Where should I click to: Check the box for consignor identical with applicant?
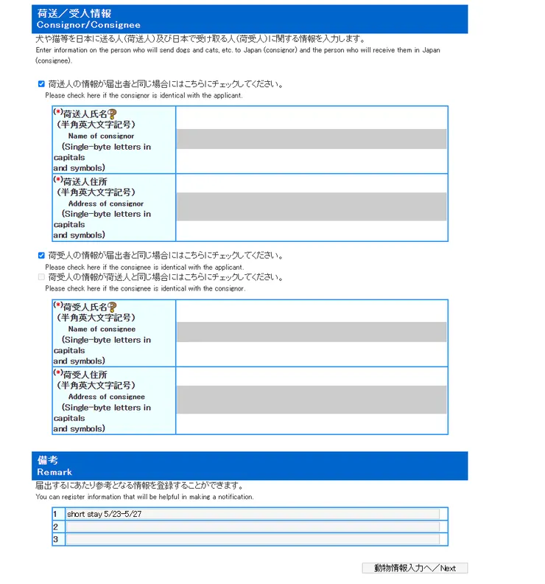[41, 84]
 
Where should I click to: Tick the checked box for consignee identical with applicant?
[41, 256]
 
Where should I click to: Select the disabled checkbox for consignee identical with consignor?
[41, 277]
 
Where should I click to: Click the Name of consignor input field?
[311, 139]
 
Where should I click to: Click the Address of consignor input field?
[311, 206]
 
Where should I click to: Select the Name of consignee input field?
[311, 332]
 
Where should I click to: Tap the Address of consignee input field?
[311, 400]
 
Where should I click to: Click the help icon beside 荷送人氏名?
[112, 114]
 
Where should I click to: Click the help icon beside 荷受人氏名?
[112, 307]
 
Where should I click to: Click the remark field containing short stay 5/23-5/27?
[252, 514]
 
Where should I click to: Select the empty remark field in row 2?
[252, 526]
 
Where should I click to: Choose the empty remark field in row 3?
[252, 539]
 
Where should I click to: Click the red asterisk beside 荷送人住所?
[57, 179]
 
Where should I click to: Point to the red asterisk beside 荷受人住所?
[57, 373]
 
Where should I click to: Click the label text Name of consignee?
[102, 329]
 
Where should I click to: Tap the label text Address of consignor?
[105, 204]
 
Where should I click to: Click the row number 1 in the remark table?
[55, 514]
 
